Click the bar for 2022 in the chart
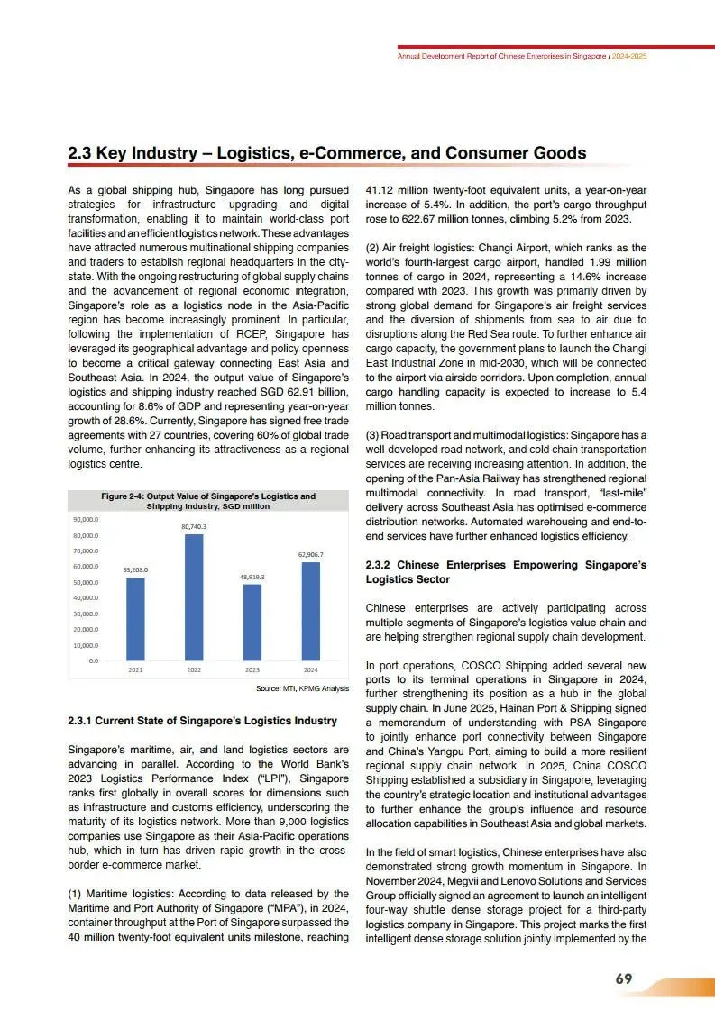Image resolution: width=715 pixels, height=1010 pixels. [x=194, y=596]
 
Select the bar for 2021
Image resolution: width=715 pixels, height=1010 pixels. [x=135, y=619]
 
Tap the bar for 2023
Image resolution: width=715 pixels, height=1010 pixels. [x=252, y=623]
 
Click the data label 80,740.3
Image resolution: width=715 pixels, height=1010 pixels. [x=194, y=526]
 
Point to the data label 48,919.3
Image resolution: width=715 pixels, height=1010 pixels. [x=252, y=577]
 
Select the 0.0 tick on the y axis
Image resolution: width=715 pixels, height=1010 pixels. [x=94, y=661]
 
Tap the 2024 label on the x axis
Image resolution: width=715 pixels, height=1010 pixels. [x=311, y=670]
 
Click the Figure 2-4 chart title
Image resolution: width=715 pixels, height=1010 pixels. [x=208, y=501]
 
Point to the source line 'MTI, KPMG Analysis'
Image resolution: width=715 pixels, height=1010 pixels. [x=303, y=688]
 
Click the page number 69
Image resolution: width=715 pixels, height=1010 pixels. [x=624, y=980]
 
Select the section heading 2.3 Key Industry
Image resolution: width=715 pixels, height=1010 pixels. [x=327, y=153]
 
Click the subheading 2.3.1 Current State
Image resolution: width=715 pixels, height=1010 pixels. [x=203, y=721]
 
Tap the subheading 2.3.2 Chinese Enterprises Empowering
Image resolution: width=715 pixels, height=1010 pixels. [x=506, y=572]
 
